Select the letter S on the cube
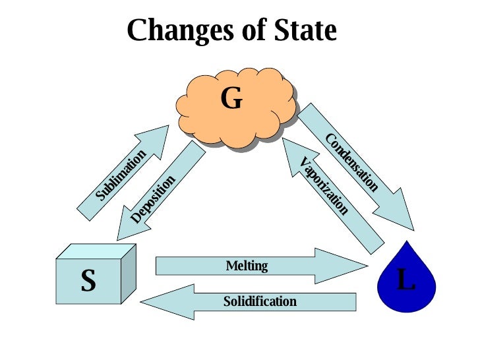point(88,282)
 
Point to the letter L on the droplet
point(407,280)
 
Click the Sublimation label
point(120,175)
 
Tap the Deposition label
point(153,198)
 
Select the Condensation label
point(352,162)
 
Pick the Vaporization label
point(323,186)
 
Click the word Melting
point(247,266)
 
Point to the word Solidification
point(260,302)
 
